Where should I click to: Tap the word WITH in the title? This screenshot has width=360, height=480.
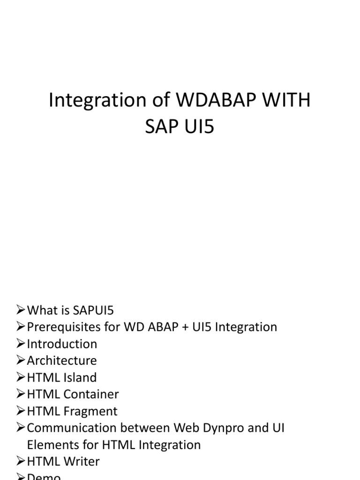[287, 101]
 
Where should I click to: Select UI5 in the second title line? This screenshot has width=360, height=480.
[196, 127]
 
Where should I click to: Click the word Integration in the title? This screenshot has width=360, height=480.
[89, 101]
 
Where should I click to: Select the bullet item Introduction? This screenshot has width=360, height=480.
[62, 344]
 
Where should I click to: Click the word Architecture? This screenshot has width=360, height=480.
[62, 360]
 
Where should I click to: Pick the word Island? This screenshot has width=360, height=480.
[80, 377]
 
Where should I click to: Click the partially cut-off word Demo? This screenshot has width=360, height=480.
[44, 477]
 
